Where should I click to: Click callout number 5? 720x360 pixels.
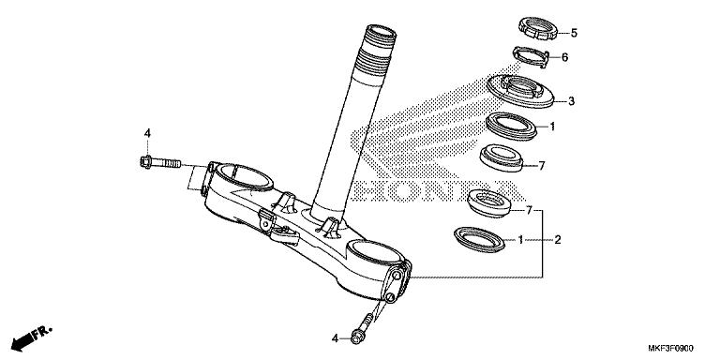[574, 33]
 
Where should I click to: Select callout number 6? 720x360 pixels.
[564, 57]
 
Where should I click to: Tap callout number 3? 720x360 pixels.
[571, 100]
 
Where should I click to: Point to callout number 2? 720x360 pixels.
[557, 240]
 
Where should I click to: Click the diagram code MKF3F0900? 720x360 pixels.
[681, 348]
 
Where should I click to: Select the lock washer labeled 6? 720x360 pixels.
[532, 57]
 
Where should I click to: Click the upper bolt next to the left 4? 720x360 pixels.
[163, 165]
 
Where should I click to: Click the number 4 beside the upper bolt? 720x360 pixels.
[146, 133]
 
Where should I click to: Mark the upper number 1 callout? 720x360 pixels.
[552, 126]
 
